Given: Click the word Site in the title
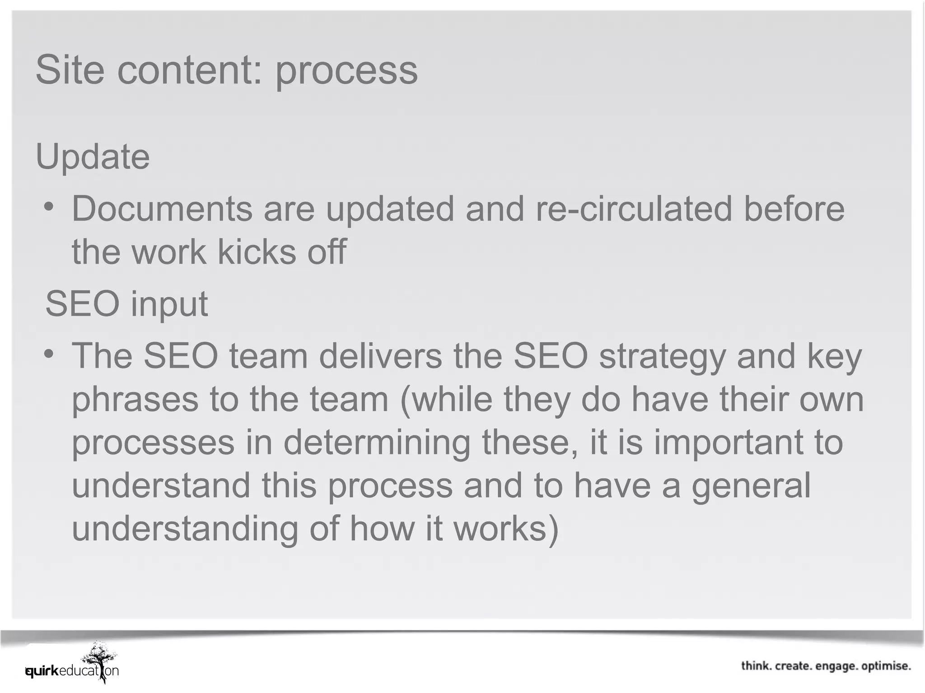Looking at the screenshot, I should click(x=70, y=70).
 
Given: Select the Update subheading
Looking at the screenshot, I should click(x=93, y=157).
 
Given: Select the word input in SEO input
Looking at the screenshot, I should click(x=169, y=305).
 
